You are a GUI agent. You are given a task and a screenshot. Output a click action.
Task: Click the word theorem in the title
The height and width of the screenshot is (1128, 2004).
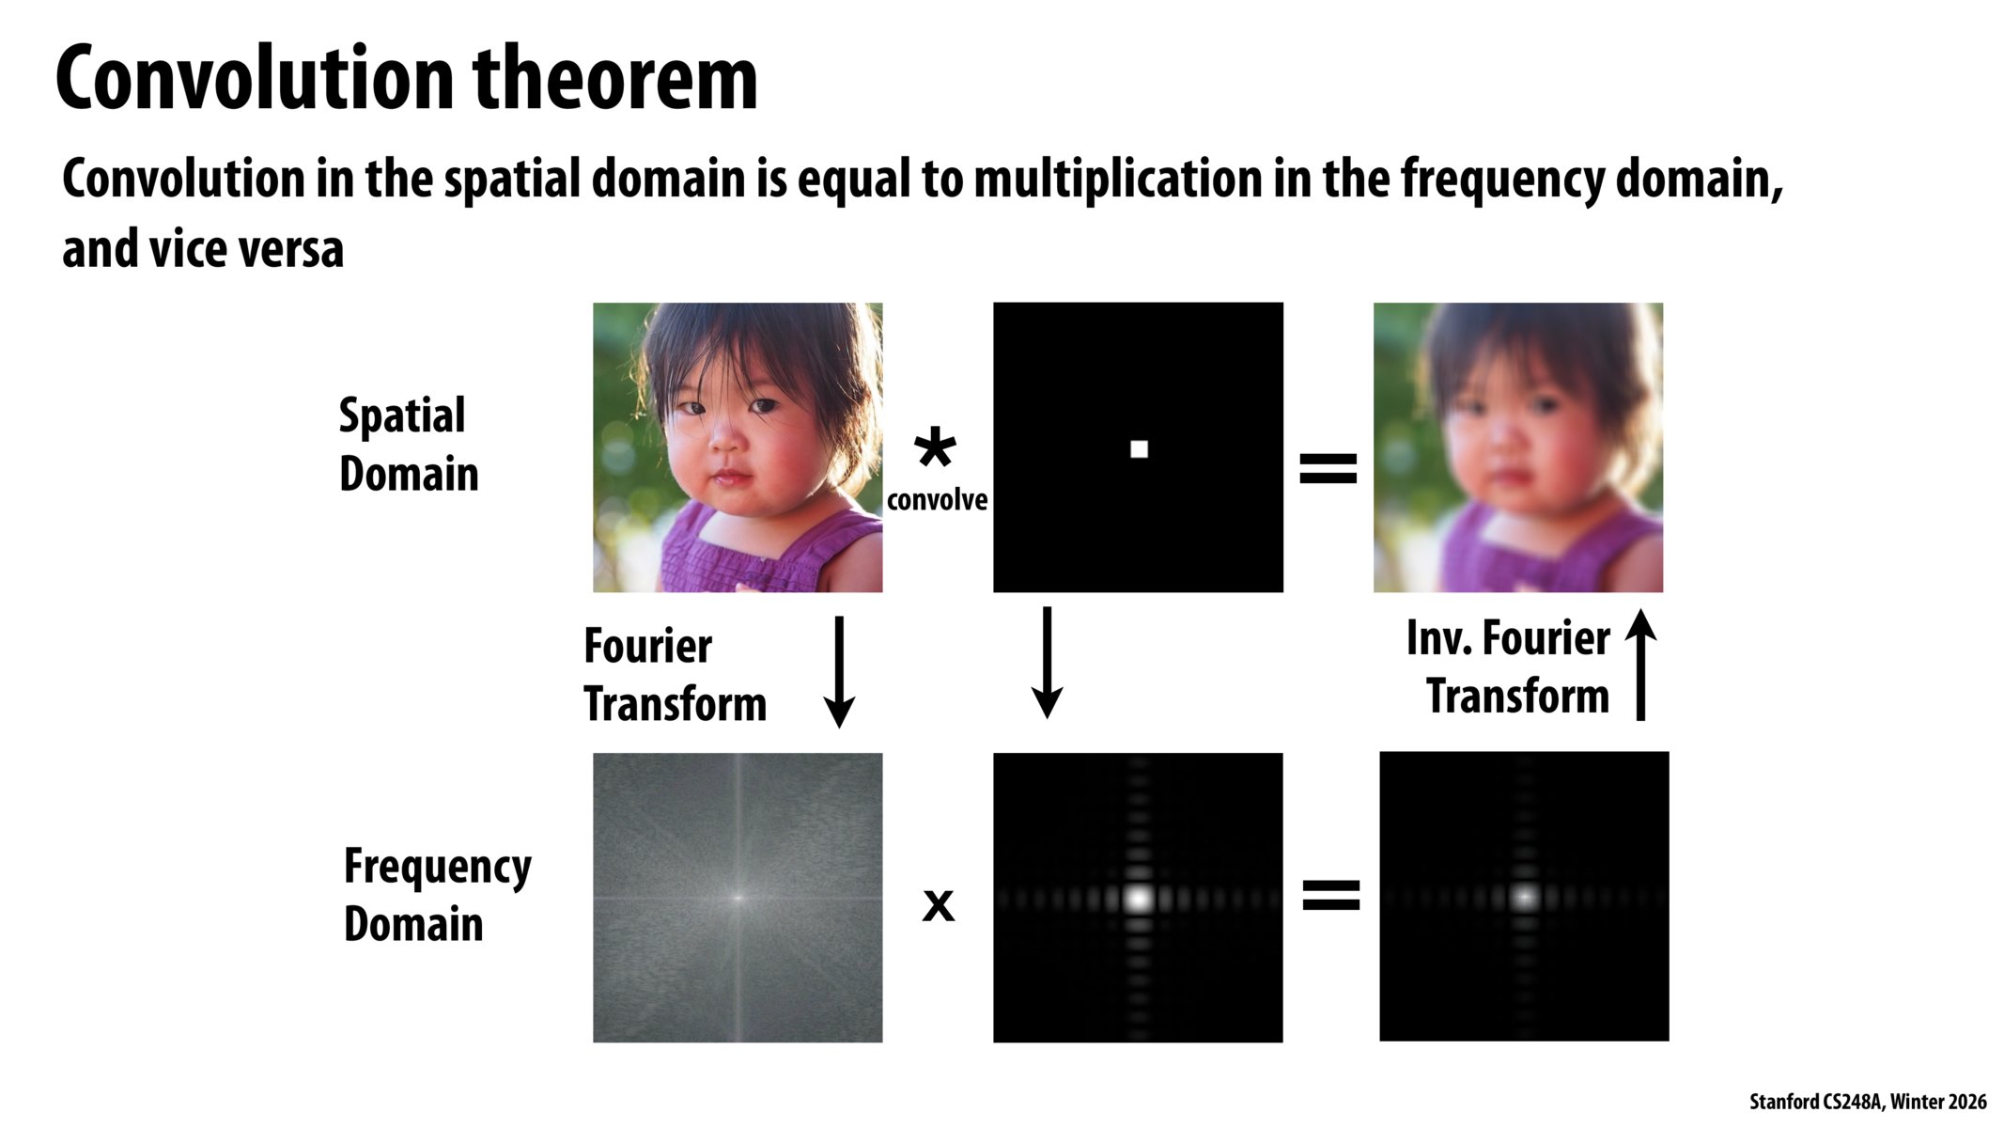[x=614, y=79]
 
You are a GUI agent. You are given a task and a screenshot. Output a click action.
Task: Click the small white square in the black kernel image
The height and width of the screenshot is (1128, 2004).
[x=1139, y=449]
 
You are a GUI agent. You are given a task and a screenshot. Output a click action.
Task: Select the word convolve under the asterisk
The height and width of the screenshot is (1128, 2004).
[x=937, y=500]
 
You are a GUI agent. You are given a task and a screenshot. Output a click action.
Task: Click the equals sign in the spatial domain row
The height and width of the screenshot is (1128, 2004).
[x=1328, y=468]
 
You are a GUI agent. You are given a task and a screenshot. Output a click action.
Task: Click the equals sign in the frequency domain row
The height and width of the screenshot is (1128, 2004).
[x=1330, y=895]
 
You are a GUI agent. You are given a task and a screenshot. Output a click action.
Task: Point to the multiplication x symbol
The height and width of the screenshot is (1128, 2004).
[x=938, y=905]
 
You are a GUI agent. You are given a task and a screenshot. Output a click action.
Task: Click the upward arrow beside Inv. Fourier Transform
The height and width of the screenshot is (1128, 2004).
[x=1640, y=665]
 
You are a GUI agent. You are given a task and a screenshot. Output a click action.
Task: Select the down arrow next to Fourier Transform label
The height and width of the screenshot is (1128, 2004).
[x=838, y=671]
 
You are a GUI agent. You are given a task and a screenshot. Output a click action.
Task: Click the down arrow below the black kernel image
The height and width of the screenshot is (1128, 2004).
[x=1047, y=663]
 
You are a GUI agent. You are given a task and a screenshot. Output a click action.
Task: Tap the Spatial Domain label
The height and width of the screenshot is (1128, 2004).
[x=409, y=445]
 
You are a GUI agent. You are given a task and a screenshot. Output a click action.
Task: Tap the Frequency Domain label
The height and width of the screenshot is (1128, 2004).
[x=436, y=895]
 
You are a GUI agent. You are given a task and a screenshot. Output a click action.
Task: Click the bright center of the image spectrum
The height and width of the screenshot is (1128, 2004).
[x=738, y=898]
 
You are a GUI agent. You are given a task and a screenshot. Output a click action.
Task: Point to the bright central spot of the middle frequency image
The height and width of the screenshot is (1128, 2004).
[x=1139, y=898]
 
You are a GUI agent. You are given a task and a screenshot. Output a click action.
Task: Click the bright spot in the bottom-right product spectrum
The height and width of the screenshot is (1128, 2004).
[x=1524, y=897]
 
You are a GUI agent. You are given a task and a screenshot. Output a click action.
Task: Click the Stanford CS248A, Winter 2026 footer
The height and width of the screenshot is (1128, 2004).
[x=1867, y=1102]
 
